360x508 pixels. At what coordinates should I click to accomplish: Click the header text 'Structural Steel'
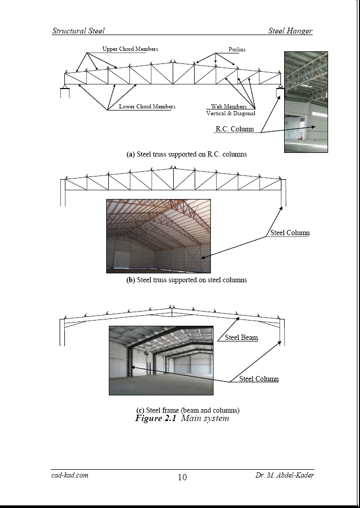coord(78,31)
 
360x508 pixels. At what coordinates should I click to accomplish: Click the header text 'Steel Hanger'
coord(290,31)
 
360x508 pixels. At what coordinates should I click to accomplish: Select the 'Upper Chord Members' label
coord(130,49)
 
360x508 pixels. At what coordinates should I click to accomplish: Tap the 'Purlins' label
coord(237,50)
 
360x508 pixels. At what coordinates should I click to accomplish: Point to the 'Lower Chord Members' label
coord(147,107)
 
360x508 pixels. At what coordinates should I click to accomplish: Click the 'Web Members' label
coord(229,107)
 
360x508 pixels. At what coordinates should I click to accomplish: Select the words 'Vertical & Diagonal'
coord(231,114)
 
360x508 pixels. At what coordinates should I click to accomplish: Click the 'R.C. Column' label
coord(235,129)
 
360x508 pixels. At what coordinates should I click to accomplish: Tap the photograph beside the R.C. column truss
coord(306,102)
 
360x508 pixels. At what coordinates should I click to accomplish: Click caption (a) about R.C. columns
coord(186,154)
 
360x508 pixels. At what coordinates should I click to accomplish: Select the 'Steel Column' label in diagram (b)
coord(290,233)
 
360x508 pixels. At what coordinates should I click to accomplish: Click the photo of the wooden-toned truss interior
coord(158,236)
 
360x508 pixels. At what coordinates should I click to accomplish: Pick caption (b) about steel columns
coord(186,280)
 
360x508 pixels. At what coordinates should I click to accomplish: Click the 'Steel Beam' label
coord(241,338)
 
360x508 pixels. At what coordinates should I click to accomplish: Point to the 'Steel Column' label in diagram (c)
coord(259,379)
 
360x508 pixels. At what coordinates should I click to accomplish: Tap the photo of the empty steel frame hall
coord(161,360)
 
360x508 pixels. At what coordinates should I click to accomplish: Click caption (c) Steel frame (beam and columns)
coord(187,410)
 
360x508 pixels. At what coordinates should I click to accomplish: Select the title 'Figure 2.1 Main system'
coord(182,418)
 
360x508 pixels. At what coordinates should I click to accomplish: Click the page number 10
coord(182,477)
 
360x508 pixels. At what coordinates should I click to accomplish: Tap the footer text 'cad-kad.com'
coord(70,475)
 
